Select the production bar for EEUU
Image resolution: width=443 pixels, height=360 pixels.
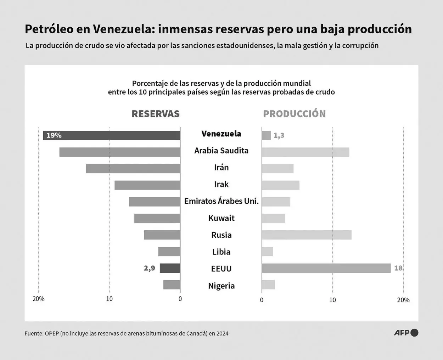click(326, 268)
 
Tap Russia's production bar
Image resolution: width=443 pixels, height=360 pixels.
click(307, 235)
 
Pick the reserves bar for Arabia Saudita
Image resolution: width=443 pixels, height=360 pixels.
click(120, 152)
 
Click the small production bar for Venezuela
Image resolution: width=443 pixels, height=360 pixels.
click(266, 135)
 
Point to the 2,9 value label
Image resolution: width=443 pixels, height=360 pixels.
click(150, 268)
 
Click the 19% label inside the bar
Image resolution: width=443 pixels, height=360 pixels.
click(54, 135)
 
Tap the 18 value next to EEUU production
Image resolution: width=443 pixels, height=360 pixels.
click(398, 268)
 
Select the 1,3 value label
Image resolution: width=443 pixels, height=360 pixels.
click(279, 135)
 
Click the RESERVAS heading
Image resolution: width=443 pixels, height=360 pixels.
click(156, 114)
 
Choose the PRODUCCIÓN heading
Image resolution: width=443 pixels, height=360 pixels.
click(294, 114)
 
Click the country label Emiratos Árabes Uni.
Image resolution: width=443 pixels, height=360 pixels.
click(221, 201)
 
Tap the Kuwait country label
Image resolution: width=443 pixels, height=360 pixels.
click(221, 218)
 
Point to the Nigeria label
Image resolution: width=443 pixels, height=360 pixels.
click(221, 286)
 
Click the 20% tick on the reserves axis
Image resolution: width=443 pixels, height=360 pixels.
click(39, 299)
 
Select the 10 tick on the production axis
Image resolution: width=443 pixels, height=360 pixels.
click(332, 300)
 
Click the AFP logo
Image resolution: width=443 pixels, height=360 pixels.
click(406, 333)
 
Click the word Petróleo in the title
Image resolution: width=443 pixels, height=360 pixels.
click(49, 29)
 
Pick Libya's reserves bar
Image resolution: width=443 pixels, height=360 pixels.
click(169, 252)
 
